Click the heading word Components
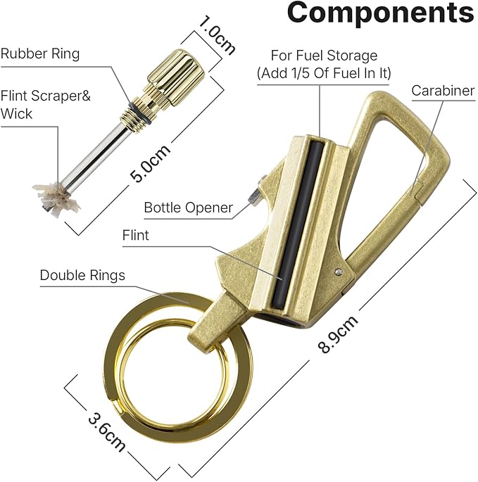click(380, 12)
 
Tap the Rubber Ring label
click(40, 53)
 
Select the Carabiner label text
click(443, 91)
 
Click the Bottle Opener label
click(188, 208)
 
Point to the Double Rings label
click(82, 275)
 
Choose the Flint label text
click(135, 236)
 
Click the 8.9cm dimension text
click(338, 334)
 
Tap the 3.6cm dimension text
click(106, 433)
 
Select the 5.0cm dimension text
click(150, 163)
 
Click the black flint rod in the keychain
click(298, 224)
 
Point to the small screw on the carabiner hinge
click(339, 272)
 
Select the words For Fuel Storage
click(324, 56)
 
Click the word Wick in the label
click(16, 114)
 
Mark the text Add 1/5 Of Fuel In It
click(325, 73)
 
